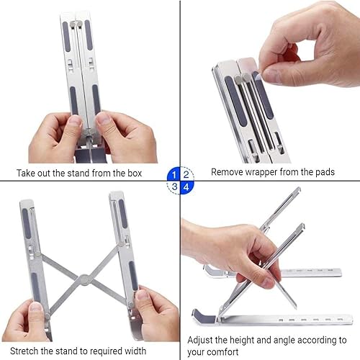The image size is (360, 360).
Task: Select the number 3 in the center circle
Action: point(174,186)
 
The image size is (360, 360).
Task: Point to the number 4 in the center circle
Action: point(186,186)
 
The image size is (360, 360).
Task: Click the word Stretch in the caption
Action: point(34,351)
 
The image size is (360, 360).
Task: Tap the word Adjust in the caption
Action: point(202,338)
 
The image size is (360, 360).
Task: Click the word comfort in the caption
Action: point(226,352)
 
